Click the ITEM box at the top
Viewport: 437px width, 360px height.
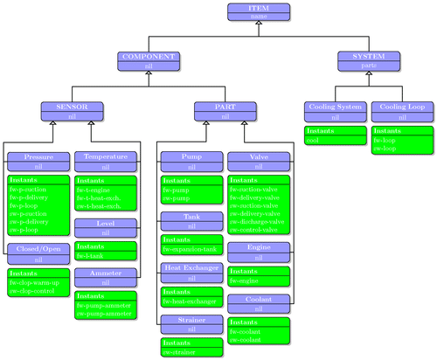click(259, 10)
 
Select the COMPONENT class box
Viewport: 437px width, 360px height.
click(148, 59)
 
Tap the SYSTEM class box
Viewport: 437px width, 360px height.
click(369, 59)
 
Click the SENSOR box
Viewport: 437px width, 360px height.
click(73, 110)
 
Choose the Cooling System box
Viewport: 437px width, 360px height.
click(335, 110)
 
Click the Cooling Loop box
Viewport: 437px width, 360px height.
click(402, 110)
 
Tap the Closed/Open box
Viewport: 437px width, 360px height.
click(38, 253)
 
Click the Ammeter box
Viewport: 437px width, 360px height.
click(106, 277)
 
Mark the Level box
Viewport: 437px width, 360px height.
click(106, 228)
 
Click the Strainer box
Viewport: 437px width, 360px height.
click(191, 324)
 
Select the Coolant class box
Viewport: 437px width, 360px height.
click(259, 302)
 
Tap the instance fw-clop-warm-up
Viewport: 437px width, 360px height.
click(35, 283)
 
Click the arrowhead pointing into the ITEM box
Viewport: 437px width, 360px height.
click(259, 24)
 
